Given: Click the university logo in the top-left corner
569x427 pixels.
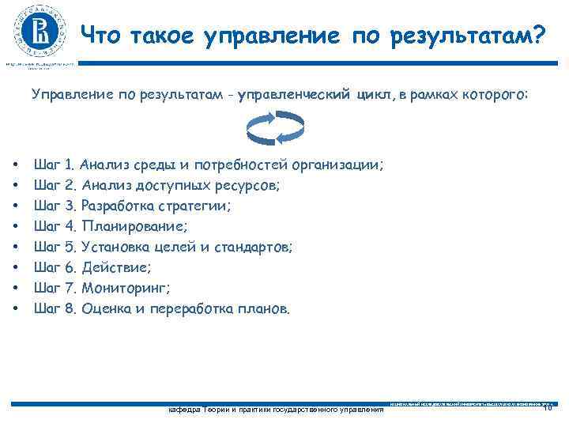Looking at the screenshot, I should pyautogui.click(x=39, y=31).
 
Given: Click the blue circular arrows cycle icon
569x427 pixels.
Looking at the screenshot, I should pyautogui.click(x=272, y=129).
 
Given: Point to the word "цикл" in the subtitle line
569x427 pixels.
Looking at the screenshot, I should pyautogui.click(x=375, y=95).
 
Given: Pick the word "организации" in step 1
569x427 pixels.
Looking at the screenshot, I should pyautogui.click(x=337, y=165).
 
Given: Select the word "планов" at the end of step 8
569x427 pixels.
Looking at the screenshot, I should pyautogui.click(x=263, y=309).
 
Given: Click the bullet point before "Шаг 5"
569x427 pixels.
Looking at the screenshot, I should pyautogui.click(x=15, y=248).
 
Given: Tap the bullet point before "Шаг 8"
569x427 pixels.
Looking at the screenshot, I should pyautogui.click(x=15, y=309).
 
